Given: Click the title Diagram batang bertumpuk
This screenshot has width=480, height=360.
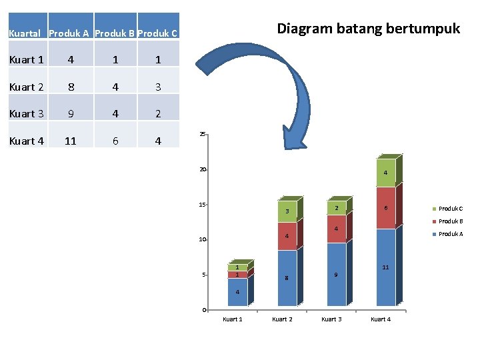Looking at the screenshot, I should [x=368, y=29].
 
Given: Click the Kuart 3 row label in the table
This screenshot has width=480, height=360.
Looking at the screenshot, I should [x=27, y=114].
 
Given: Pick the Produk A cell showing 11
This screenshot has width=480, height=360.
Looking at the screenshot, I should [x=70, y=141].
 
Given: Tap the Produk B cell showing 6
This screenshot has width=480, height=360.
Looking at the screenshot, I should [x=115, y=141].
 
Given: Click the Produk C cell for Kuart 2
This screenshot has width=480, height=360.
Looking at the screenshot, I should [x=158, y=87].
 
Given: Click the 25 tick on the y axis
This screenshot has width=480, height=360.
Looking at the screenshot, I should [x=201, y=135].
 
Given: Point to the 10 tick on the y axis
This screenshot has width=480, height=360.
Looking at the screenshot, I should [x=201, y=239].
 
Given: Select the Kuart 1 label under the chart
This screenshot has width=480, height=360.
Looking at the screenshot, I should [x=232, y=319].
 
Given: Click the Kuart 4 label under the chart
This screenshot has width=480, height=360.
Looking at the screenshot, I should [x=381, y=319].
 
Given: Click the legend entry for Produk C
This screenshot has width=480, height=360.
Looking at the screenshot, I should [x=450, y=209].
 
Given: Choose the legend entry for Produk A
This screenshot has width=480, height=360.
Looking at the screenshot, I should [x=450, y=234].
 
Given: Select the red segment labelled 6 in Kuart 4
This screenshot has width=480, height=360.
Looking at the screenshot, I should [x=385, y=208].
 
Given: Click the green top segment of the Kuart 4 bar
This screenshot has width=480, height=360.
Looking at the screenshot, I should [x=385, y=173].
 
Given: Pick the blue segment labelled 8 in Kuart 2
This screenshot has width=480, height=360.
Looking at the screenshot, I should [x=287, y=279].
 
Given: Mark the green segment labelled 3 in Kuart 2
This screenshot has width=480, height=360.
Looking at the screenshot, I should [x=287, y=211].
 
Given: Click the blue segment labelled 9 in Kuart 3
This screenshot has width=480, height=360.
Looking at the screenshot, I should [x=336, y=275].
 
